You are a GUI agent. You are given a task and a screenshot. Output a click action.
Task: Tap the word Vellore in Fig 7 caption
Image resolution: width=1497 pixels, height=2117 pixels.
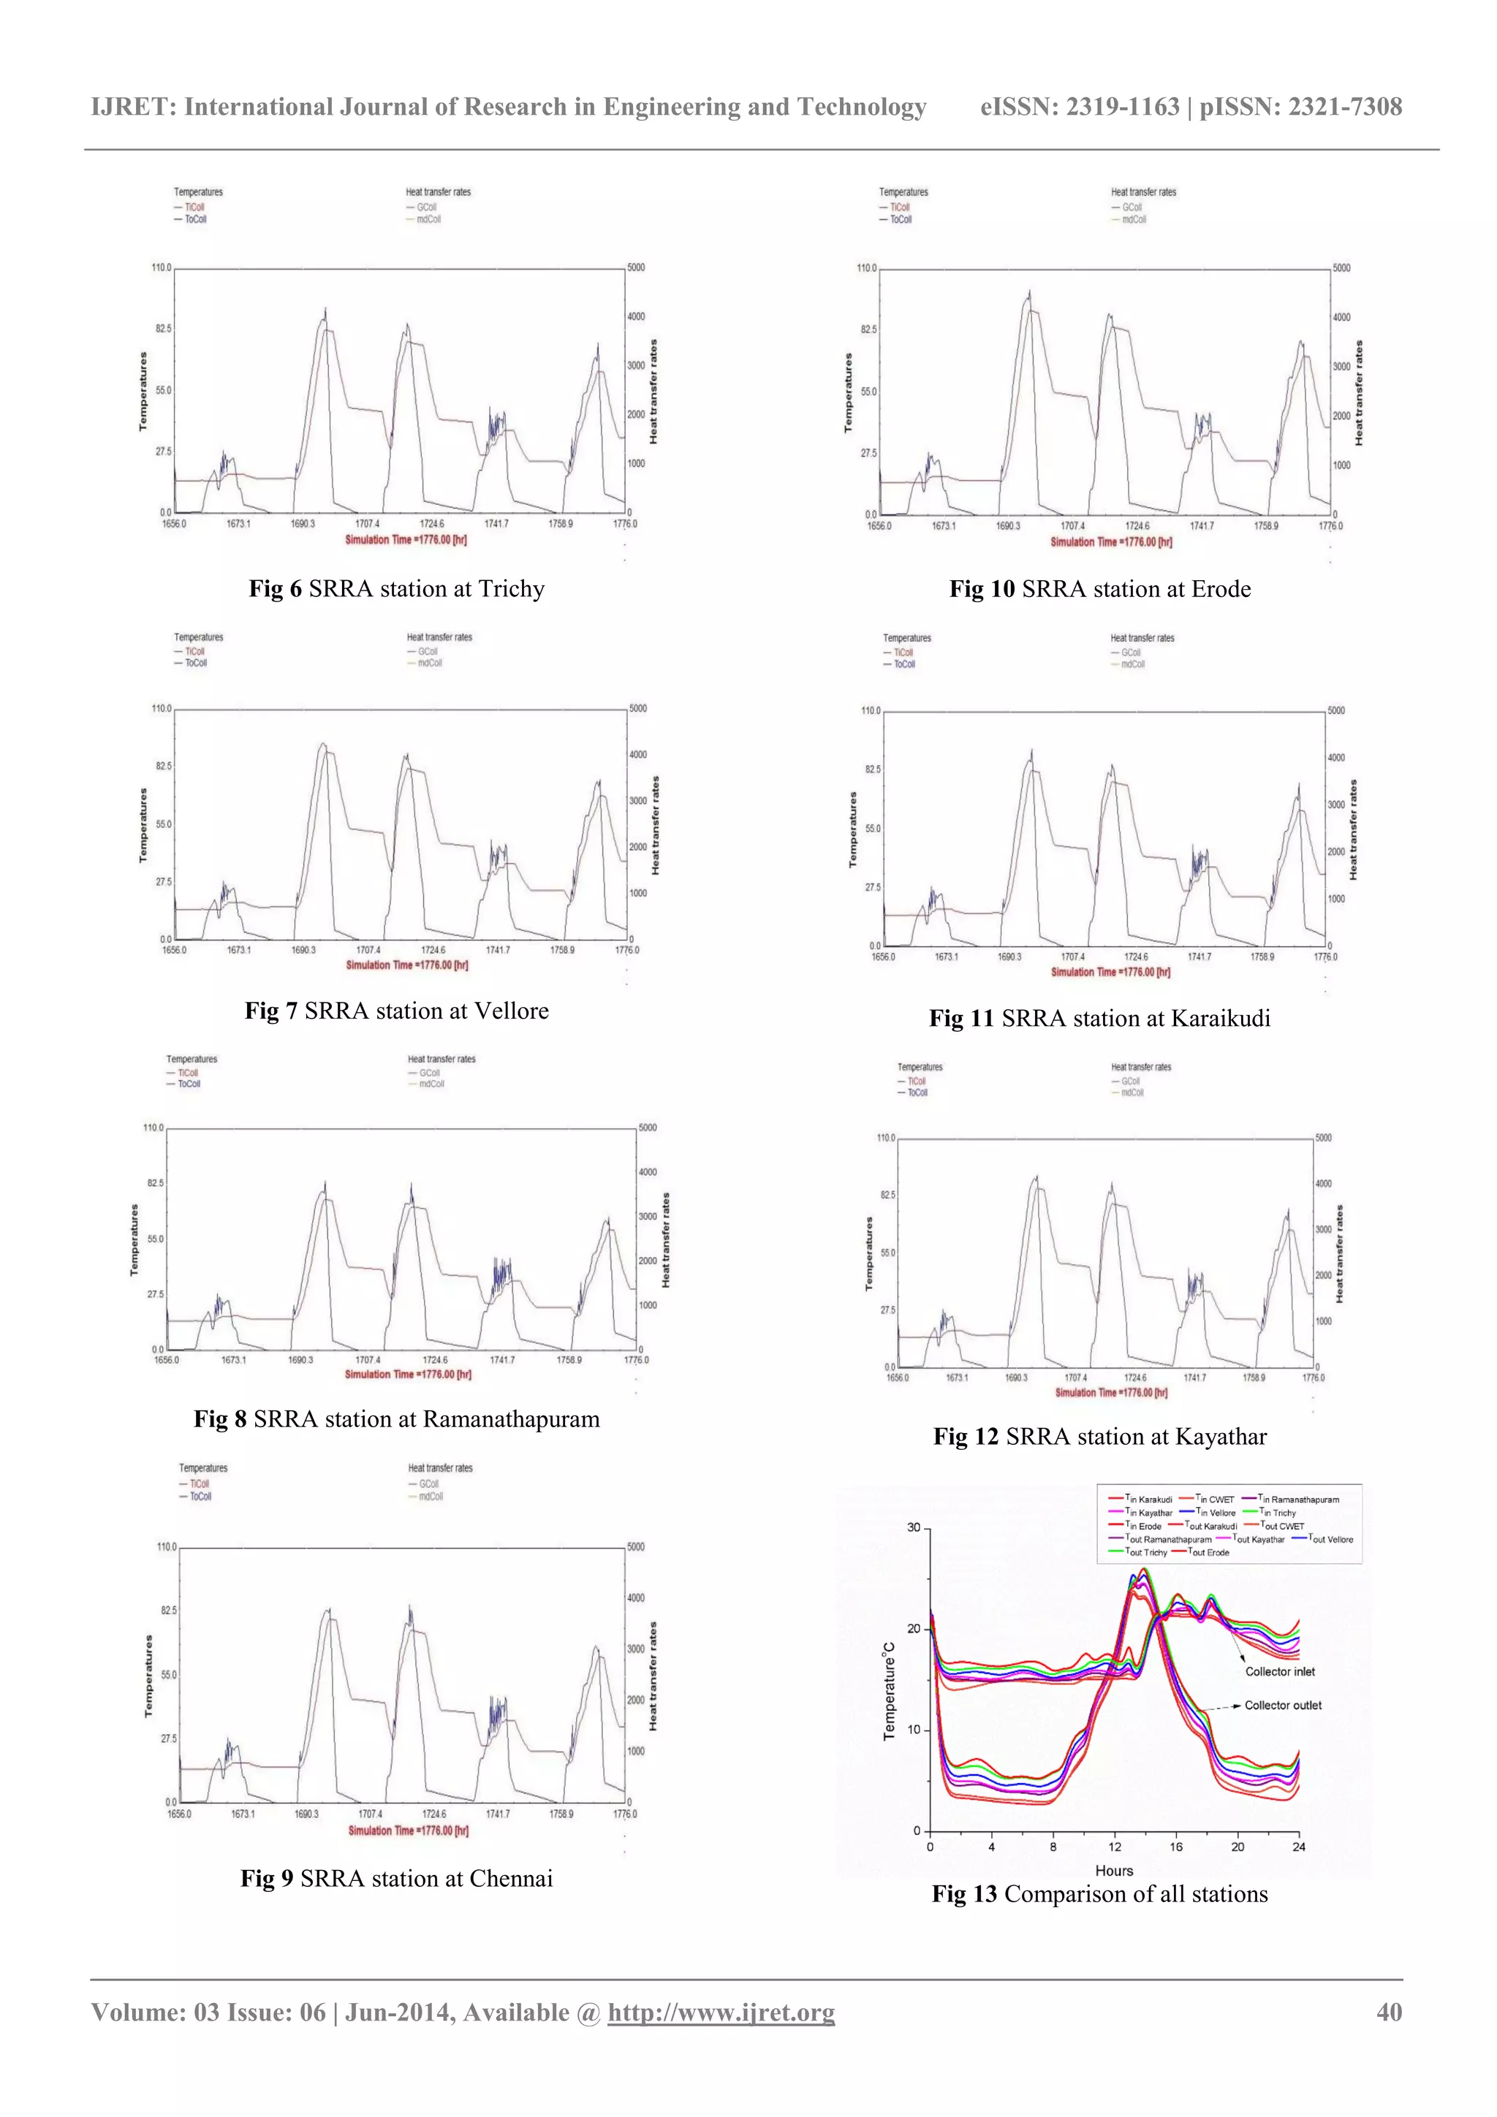point(511,1011)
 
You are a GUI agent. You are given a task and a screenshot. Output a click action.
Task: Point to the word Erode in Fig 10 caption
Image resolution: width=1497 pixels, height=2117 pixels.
point(1220,589)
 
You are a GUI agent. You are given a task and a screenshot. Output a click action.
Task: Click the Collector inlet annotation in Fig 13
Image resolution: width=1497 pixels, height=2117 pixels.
point(1279,1672)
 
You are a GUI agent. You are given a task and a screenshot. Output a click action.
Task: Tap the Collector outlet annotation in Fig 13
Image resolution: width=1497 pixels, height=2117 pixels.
point(1282,1706)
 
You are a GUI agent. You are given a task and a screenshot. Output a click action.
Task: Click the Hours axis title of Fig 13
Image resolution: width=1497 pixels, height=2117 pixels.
point(1113,1870)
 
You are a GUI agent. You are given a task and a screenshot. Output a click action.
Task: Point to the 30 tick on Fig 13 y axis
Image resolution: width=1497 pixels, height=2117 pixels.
point(913,1528)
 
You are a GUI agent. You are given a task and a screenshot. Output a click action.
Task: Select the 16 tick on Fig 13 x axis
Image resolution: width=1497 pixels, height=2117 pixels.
point(1175,1847)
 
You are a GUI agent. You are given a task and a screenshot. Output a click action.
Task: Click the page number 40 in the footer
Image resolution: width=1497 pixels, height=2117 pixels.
point(1388,2012)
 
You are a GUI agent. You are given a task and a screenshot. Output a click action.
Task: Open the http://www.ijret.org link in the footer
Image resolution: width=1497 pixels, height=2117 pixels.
point(721,2012)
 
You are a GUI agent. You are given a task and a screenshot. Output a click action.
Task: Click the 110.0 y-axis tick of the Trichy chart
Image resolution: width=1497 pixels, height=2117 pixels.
point(161,267)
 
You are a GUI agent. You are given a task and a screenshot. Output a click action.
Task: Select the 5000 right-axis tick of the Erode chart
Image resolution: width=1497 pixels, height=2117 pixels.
point(1341,268)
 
